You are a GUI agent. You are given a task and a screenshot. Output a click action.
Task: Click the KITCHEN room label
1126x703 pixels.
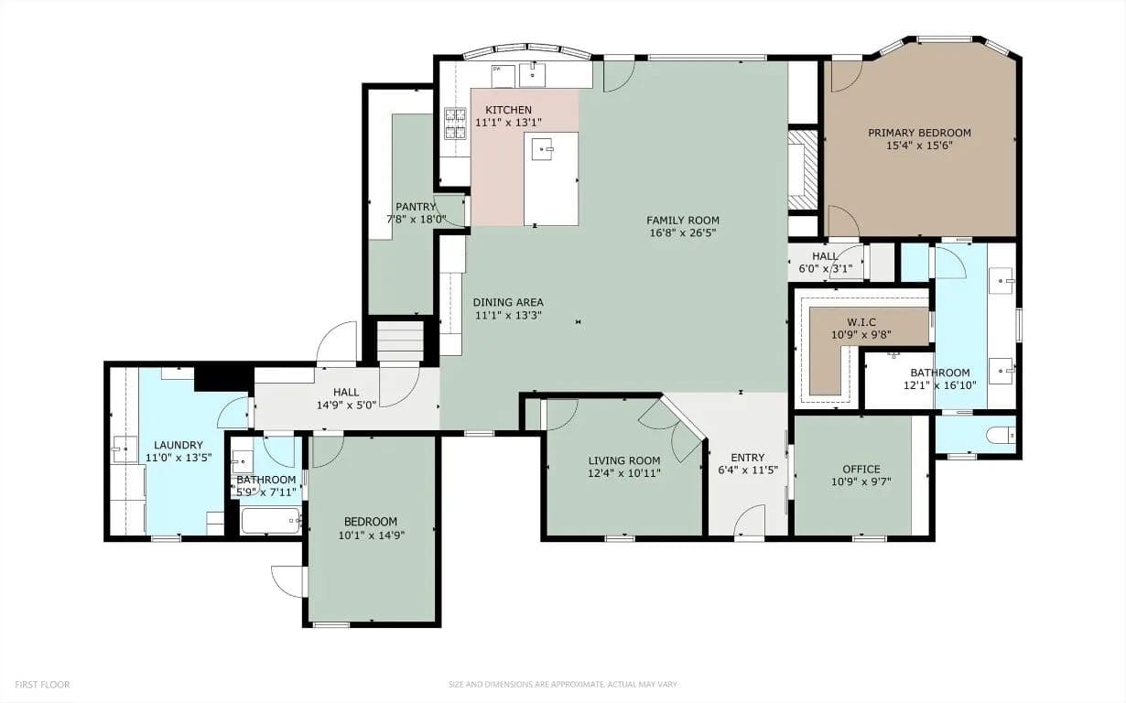tap(508, 110)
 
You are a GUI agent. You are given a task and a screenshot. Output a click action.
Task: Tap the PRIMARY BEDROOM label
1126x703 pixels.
tap(919, 133)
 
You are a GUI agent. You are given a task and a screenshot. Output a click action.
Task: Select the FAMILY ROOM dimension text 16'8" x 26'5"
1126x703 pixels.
tap(683, 233)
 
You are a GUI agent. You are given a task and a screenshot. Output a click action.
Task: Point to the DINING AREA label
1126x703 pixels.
tap(508, 302)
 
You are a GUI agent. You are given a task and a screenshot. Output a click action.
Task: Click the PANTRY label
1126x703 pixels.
tap(416, 207)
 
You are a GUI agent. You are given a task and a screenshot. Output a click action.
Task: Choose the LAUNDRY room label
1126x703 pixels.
tap(179, 445)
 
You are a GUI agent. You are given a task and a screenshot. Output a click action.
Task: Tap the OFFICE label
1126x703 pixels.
tap(861, 469)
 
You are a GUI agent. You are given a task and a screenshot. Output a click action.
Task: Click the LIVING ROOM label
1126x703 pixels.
tap(624, 460)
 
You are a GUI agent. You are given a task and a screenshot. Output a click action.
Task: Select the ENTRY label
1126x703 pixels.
tap(748, 458)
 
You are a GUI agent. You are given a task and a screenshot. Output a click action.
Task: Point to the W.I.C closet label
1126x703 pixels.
tap(861, 321)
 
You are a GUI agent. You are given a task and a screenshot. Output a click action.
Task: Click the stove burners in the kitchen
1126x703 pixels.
tap(455, 124)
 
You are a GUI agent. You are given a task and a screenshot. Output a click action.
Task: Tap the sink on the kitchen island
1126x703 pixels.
tap(542, 149)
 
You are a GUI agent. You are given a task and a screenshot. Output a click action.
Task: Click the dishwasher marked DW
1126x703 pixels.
tap(503, 76)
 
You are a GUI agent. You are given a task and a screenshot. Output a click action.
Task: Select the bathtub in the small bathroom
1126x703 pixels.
tap(271, 521)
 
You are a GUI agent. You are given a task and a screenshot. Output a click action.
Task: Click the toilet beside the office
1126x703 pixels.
tap(1001, 435)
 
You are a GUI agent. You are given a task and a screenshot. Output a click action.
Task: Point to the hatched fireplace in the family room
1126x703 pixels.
tap(803, 170)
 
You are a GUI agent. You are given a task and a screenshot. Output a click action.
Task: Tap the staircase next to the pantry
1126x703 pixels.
tap(400, 341)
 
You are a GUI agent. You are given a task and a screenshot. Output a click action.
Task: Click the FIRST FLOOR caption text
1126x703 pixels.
tap(42, 685)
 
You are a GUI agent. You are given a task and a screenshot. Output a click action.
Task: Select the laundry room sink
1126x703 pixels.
tap(125, 449)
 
